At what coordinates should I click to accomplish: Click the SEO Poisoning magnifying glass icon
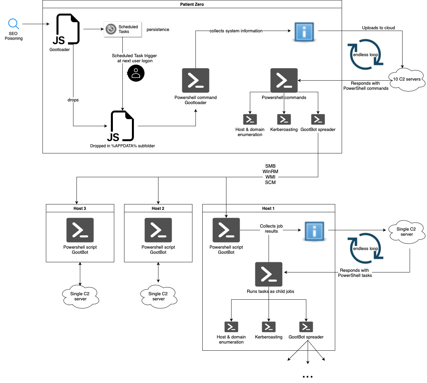13,24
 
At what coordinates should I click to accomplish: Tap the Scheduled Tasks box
123,29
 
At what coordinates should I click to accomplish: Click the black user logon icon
136,73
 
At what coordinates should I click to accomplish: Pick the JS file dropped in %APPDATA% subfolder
122,126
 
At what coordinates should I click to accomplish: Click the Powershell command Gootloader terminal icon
195,81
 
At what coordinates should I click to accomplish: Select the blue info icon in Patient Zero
304,32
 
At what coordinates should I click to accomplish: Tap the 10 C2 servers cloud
407,79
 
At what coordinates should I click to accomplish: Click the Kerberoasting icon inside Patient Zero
284,119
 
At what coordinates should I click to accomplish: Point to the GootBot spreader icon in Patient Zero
318,119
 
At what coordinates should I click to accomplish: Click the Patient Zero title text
192,4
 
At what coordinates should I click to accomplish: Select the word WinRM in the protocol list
270,171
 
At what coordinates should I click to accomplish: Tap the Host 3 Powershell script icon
80,230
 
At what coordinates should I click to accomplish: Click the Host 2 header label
158,209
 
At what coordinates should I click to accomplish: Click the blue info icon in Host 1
314,231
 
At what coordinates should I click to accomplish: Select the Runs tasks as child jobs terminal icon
269,274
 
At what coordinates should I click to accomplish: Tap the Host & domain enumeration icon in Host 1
231,327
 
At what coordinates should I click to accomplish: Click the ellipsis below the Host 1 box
307,377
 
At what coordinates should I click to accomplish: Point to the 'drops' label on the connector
73,100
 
